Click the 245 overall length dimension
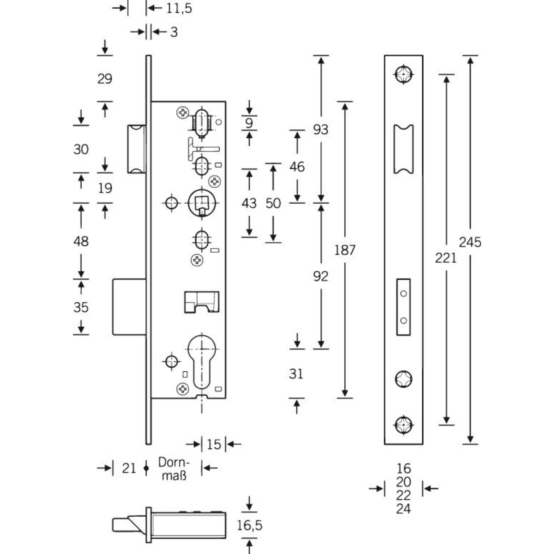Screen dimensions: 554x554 470,242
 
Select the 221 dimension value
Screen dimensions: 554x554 446,258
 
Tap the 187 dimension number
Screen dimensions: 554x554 345,250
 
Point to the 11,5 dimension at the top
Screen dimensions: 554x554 179,8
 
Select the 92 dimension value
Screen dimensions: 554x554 321,276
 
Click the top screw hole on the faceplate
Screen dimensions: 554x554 403,74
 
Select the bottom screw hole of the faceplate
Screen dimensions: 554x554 403,425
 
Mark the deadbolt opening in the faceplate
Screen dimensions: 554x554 403,307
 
